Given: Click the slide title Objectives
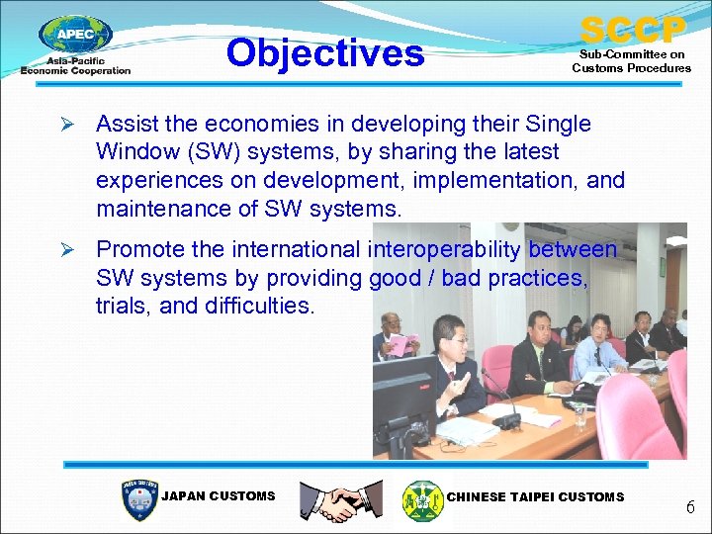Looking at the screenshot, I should (x=324, y=52).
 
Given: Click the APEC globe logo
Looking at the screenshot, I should (x=75, y=36).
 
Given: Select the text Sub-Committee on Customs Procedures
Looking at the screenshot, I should (x=632, y=61).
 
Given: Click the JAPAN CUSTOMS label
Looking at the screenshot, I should (x=218, y=496).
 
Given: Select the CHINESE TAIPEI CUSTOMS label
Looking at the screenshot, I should (x=536, y=496).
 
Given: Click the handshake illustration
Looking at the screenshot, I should (x=341, y=499).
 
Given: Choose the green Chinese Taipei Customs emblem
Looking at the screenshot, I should (x=422, y=499).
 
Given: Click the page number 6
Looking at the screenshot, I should (x=690, y=507).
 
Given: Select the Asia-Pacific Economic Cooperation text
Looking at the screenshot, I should (x=75, y=66).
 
